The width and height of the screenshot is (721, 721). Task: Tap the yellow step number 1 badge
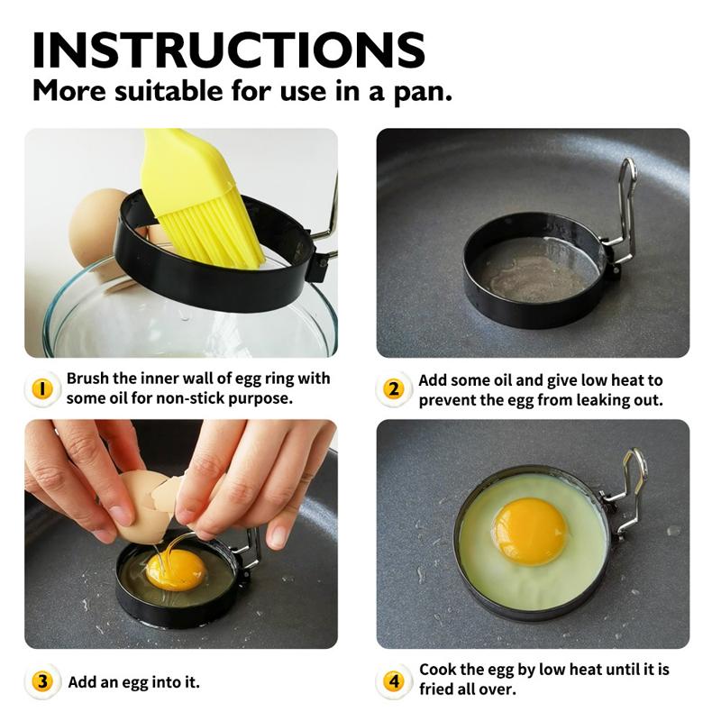pos(42,388)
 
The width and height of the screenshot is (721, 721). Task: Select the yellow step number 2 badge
pos(393,389)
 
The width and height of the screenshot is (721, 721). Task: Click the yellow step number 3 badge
pos(42,681)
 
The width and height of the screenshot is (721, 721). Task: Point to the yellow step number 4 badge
pos(393,681)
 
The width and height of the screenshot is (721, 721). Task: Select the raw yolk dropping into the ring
pos(176,570)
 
